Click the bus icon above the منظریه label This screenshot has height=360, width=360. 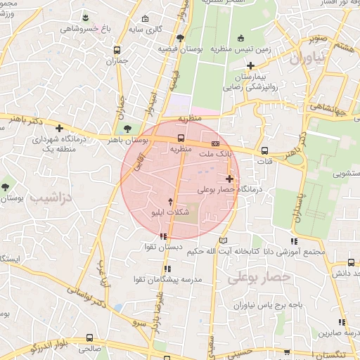[181, 138]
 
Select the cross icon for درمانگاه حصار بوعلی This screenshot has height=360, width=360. [229, 179]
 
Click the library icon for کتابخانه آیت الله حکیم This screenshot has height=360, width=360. [224, 240]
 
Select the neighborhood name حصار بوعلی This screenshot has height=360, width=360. [259, 278]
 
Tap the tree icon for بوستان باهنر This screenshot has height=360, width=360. [127, 129]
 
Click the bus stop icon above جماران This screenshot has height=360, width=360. [117, 50]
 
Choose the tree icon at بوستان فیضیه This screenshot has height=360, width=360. [181, 37]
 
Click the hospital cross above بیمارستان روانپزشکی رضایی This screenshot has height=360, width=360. [251, 65]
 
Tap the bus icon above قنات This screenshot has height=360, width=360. [264, 150]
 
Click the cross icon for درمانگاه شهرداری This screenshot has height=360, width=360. [60, 129]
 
